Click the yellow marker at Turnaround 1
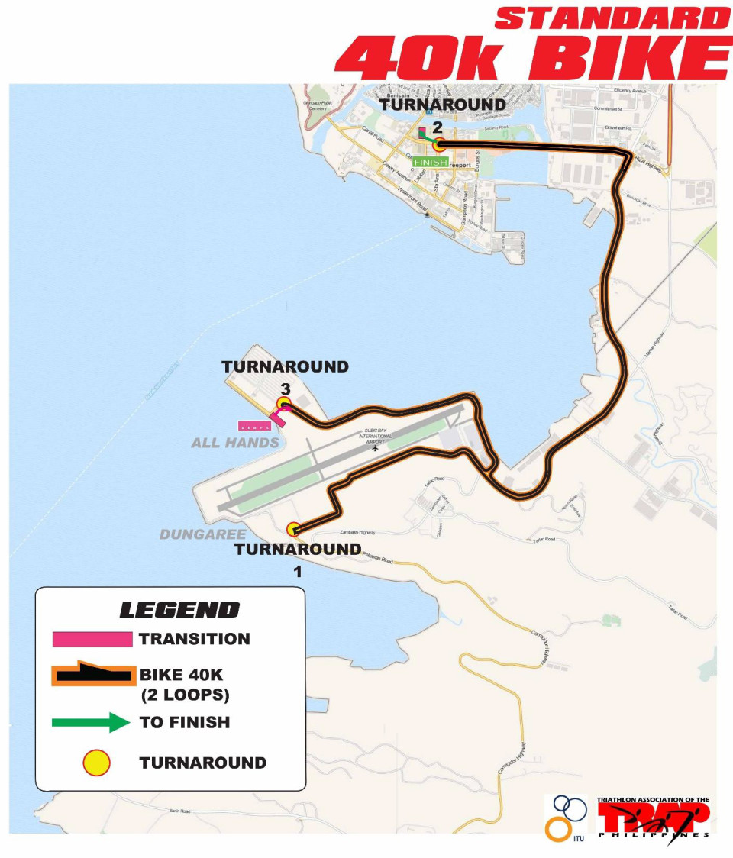(x=293, y=529)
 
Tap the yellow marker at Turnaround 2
(x=438, y=145)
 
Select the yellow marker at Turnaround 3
(x=284, y=403)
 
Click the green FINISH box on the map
(x=431, y=162)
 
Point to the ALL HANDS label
(x=235, y=442)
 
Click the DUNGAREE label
(x=203, y=534)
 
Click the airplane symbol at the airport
(x=375, y=448)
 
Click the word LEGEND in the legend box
(x=179, y=610)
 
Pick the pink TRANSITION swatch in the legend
(x=92, y=639)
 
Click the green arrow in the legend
(x=91, y=722)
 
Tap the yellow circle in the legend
(x=97, y=763)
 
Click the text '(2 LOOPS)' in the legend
(x=186, y=695)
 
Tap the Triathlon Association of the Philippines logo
(x=653, y=819)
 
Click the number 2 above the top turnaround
(x=438, y=127)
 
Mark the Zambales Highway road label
(x=339, y=533)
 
